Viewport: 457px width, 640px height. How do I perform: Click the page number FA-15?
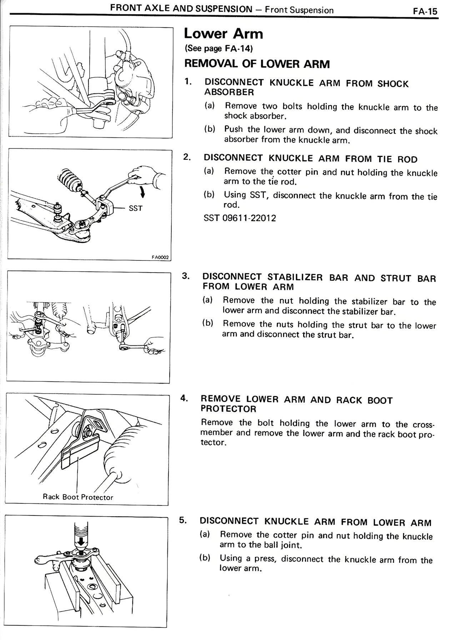[x=425, y=11]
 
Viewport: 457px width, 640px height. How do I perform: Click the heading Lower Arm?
[x=224, y=34]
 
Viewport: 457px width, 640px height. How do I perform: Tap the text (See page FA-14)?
[x=219, y=49]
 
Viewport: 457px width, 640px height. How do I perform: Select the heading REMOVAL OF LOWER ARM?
[x=257, y=64]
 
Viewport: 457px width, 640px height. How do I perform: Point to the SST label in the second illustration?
[x=136, y=208]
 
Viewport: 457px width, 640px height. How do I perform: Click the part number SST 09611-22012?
[x=240, y=218]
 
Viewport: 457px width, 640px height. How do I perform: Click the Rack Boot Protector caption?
[x=78, y=497]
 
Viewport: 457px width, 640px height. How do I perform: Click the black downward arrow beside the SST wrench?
[x=143, y=193]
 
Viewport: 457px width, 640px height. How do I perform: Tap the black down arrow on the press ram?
[x=81, y=542]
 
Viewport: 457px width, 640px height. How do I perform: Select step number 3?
[x=185, y=276]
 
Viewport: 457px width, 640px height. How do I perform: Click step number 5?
[x=183, y=520]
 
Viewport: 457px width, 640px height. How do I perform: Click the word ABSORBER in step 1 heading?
[x=229, y=92]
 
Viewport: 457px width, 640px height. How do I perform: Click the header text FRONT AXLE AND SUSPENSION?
[x=181, y=9]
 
